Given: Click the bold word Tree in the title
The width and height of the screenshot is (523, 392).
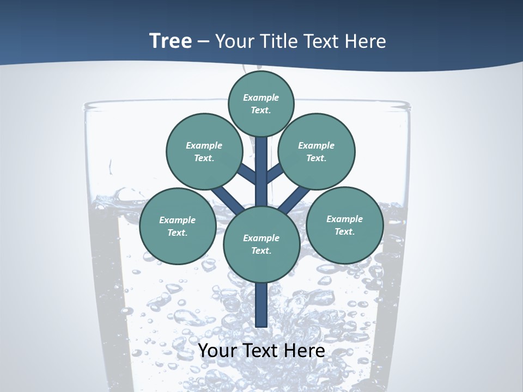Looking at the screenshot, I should (x=171, y=41).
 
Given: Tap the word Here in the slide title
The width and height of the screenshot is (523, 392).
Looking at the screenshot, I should (x=366, y=41).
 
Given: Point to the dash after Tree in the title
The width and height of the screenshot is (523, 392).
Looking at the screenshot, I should (x=203, y=42).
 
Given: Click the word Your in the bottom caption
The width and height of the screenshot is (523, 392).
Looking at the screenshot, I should (x=218, y=350).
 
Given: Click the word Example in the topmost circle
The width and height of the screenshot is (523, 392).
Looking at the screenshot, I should (x=261, y=98).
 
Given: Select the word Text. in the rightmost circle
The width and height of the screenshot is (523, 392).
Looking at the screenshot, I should (x=344, y=232).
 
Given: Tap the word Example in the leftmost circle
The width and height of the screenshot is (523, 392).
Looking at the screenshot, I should (x=177, y=220).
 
